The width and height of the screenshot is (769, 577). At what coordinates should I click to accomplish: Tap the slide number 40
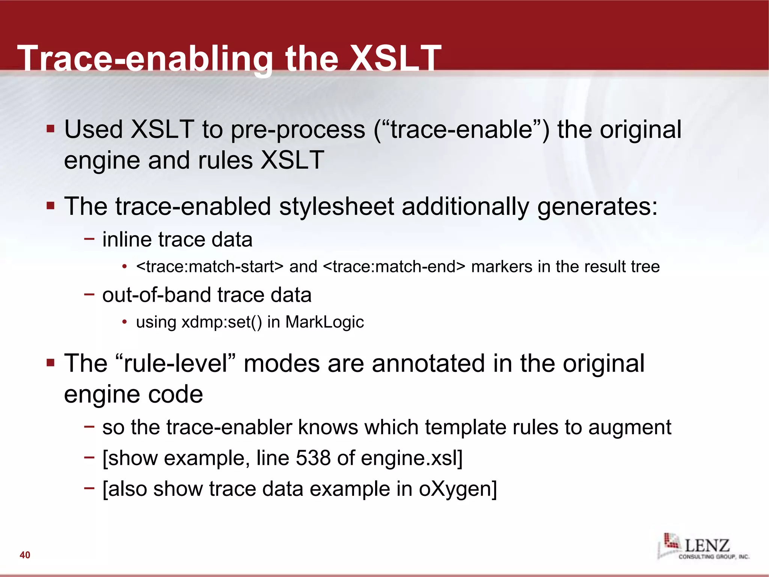25,555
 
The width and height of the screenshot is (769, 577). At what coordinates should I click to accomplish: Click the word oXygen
458,489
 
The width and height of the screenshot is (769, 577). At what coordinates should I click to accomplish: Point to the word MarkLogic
324,322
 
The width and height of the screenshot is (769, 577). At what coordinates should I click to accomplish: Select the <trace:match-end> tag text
394,267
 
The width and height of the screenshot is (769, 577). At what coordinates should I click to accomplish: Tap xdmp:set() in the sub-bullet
222,322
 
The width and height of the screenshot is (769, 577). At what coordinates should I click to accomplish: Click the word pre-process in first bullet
298,130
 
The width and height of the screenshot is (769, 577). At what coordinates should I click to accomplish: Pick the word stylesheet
336,206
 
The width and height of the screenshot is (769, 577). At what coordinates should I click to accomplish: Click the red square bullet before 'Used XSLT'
51,129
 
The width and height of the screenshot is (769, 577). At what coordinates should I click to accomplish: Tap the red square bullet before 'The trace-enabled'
51,206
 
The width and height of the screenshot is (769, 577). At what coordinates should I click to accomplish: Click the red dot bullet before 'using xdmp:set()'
124,322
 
